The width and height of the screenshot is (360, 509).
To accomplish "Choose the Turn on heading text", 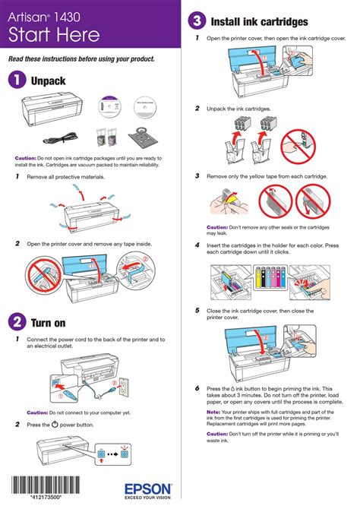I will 49,321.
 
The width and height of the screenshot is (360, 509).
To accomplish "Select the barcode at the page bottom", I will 46,484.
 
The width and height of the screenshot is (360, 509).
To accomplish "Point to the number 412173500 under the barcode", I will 46,498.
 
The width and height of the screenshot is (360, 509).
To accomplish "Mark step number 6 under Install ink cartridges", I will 197,387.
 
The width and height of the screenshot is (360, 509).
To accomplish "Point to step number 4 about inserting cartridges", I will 197,245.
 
